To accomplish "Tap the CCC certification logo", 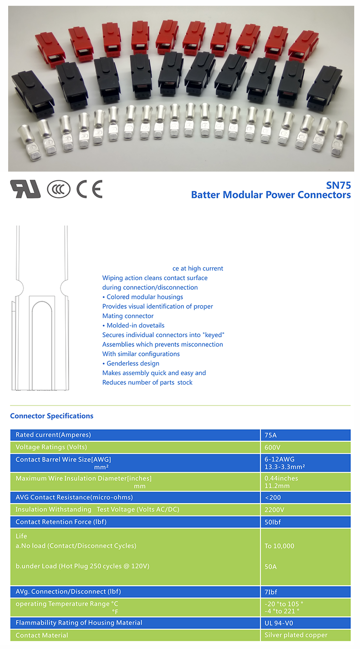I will (59, 189).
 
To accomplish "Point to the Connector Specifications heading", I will (52, 416).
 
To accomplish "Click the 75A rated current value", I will (271, 435).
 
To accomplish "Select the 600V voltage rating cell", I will (272, 447).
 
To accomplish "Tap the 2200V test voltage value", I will (274, 509).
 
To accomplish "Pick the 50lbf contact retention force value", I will (272, 522).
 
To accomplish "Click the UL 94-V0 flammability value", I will (282, 623).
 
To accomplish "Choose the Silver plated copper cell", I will (296, 635).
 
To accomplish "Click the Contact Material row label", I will (42, 635).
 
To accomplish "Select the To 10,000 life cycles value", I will (279, 546).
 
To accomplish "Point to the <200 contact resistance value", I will (273, 497).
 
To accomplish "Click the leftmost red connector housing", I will (49, 45).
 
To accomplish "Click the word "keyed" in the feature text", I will (215, 335).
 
